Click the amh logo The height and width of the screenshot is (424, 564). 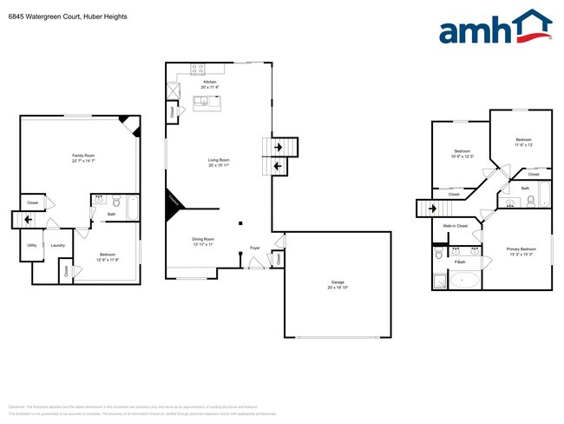pos(495,28)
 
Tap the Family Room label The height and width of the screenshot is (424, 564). pos(83,157)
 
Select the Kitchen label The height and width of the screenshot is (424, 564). pos(210,84)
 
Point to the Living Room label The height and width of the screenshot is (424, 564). pos(218,162)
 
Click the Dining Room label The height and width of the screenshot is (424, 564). pos(204,241)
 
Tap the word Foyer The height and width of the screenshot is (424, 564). pos(255,248)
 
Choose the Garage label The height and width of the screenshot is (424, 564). pos(338,284)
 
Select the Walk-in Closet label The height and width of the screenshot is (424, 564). pos(456,227)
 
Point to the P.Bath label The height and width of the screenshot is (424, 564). pos(460,262)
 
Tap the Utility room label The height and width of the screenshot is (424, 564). pos(31,246)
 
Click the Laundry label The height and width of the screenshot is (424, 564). pos(58,246)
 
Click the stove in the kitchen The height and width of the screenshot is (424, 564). pos(197,68)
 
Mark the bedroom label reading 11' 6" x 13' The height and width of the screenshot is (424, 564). pos(523,142)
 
